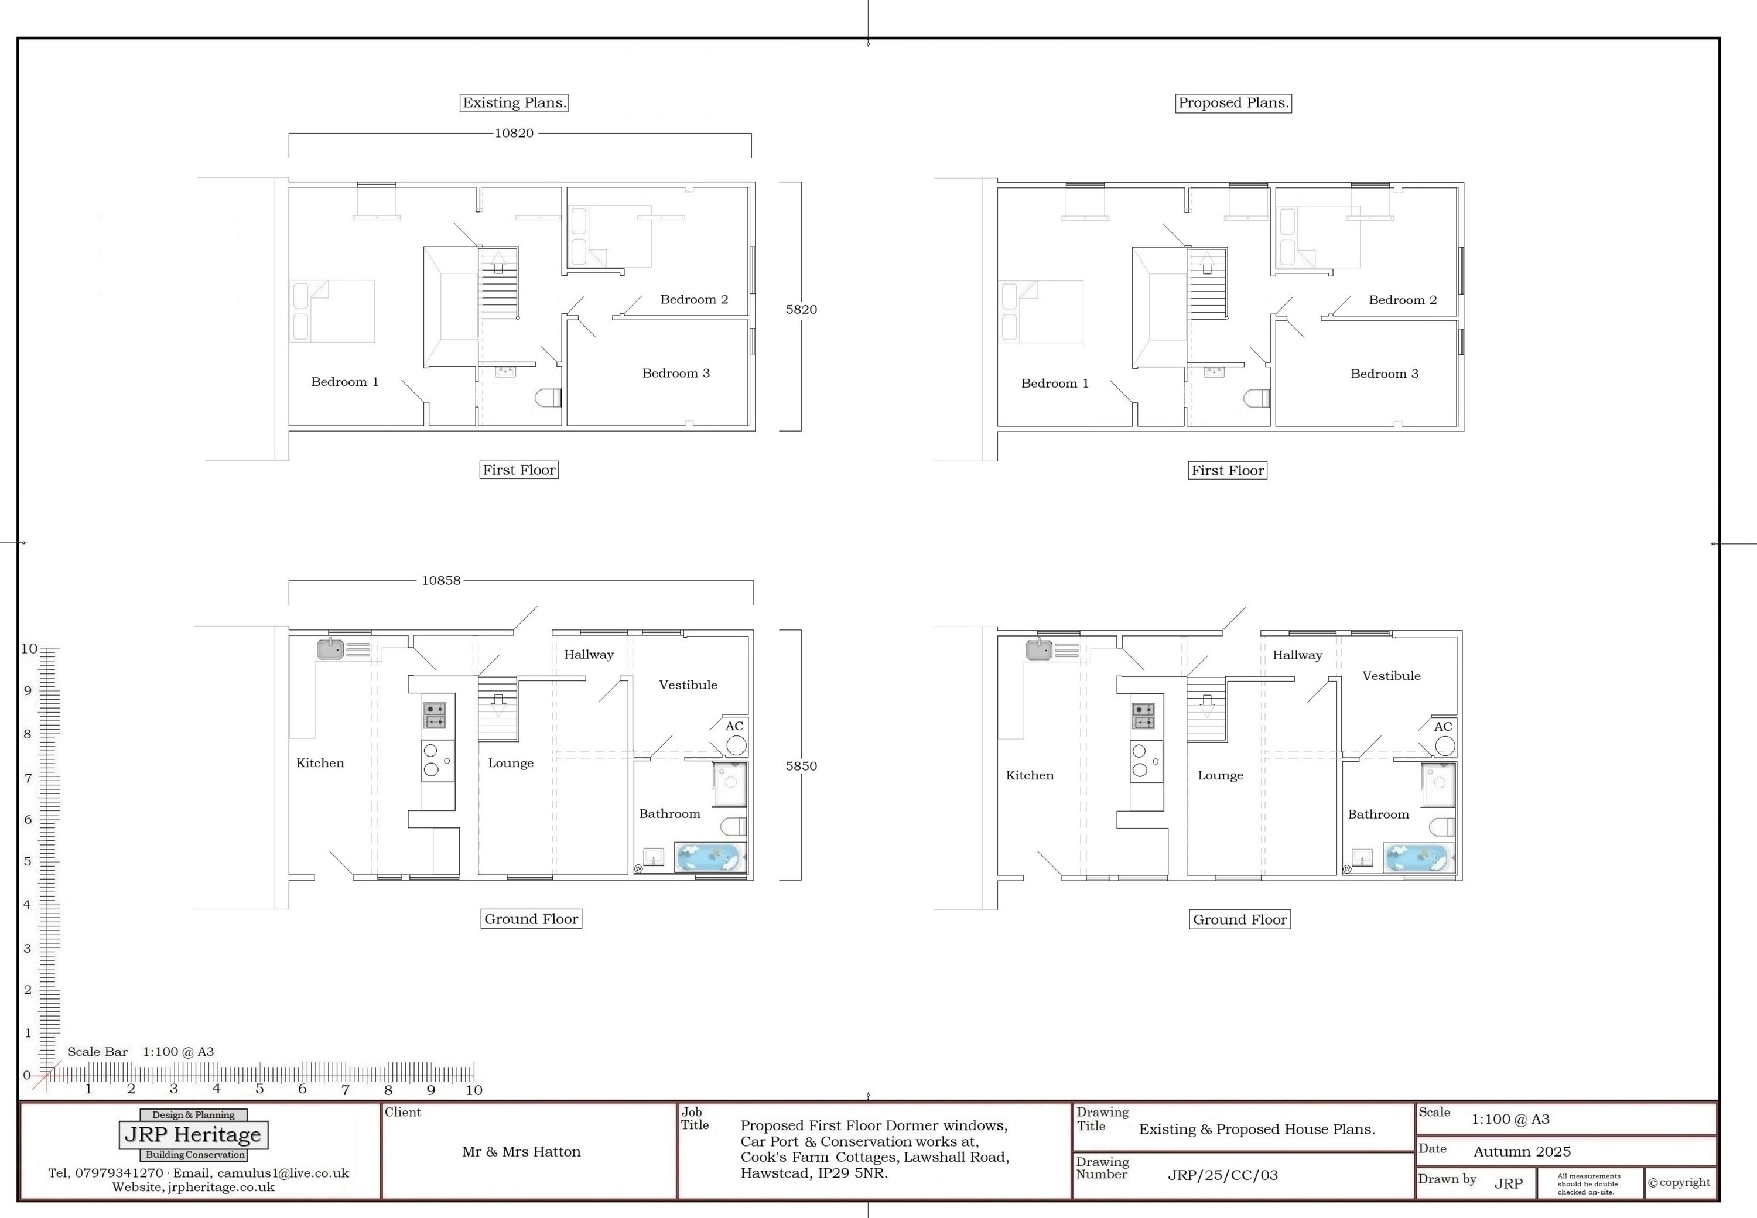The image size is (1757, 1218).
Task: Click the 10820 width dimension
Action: tap(514, 133)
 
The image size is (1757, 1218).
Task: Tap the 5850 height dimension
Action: tap(801, 765)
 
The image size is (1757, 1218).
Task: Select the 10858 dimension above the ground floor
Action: tap(441, 581)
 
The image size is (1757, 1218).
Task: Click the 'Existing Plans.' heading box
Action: tap(514, 103)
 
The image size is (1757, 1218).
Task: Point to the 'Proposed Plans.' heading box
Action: tap(1233, 103)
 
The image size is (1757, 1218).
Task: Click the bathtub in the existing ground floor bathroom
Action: tap(710, 858)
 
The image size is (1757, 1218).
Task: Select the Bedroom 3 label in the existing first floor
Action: tap(675, 373)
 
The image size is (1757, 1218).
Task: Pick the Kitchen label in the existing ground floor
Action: tap(320, 763)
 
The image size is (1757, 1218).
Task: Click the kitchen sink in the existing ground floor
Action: tap(330, 649)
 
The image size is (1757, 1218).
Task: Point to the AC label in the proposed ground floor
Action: tap(1442, 727)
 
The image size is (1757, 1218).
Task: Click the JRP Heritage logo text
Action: tap(193, 1135)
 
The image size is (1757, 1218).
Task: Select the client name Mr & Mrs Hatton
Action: tap(521, 1152)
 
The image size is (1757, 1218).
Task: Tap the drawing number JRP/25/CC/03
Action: tap(1223, 1175)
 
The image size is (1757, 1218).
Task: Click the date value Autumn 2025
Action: tap(1522, 1152)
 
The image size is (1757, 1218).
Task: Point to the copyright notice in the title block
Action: tap(1679, 1182)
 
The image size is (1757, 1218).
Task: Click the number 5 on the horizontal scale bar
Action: tap(259, 1089)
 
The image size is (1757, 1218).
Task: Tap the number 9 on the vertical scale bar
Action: tap(28, 690)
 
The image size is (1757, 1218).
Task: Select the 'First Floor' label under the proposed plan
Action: tap(1228, 471)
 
